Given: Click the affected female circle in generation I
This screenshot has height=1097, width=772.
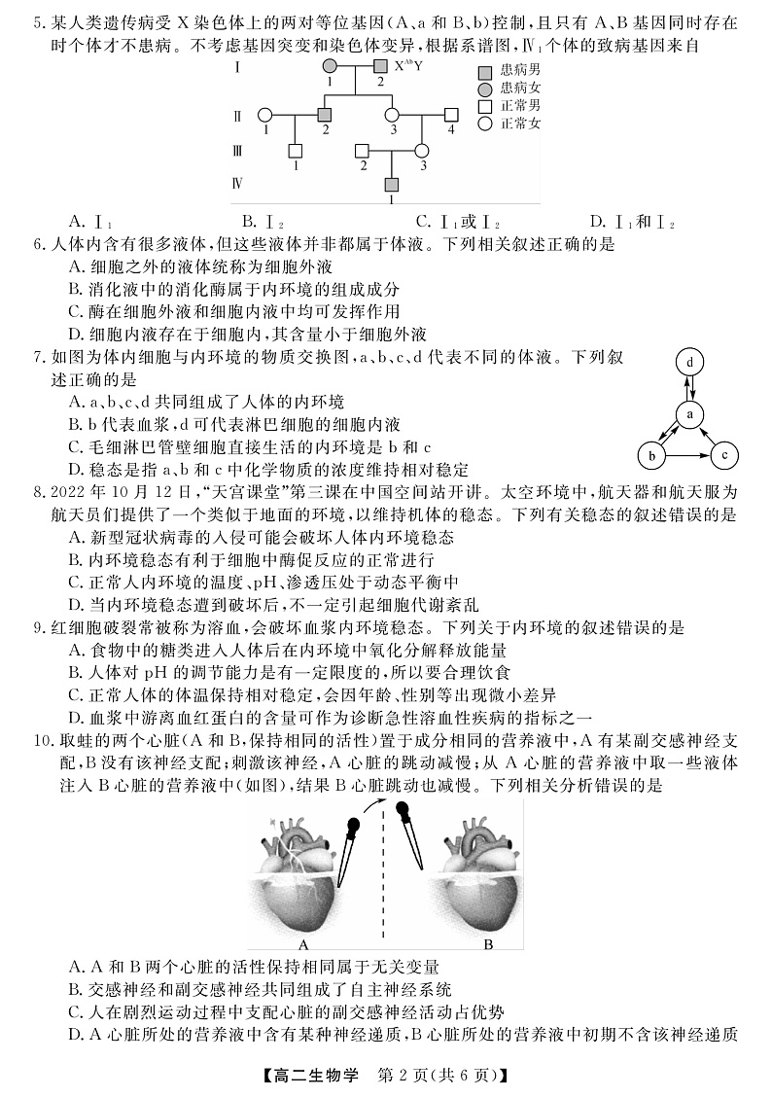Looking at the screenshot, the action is [331, 66].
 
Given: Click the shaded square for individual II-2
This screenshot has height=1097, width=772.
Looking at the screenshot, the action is [326, 114].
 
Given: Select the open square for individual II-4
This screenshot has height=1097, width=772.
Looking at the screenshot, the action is [450, 114].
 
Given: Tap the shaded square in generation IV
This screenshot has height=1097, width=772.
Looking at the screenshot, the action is [392, 185].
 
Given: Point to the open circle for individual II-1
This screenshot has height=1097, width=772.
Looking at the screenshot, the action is [264, 114].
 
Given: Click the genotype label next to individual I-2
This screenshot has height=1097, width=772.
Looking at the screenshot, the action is [408, 66].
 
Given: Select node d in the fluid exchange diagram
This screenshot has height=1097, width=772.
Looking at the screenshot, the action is [689, 363].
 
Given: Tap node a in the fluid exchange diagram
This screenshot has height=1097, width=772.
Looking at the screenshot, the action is [689, 414].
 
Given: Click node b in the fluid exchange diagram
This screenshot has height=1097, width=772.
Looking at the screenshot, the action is [652, 454].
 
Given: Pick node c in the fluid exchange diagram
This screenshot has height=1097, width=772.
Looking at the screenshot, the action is [725, 454].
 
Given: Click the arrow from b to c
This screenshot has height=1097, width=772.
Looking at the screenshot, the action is [688, 454].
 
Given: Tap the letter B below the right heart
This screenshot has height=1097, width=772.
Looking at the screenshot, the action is [488, 944].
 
